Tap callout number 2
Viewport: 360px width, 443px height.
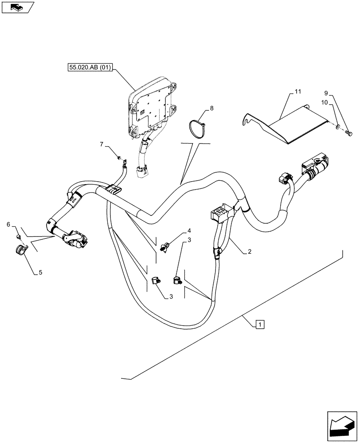click(x=250, y=252)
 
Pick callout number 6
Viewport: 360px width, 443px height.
click(x=8, y=225)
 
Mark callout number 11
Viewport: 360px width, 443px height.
click(x=297, y=92)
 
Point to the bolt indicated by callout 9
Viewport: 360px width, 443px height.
click(x=348, y=133)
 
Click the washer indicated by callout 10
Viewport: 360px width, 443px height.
click(x=339, y=128)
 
